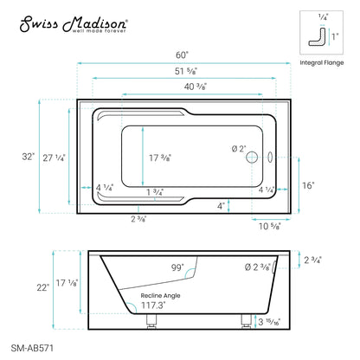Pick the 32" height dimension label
click(30, 157)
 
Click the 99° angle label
click(177, 269)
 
